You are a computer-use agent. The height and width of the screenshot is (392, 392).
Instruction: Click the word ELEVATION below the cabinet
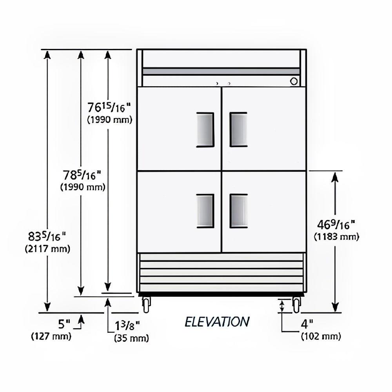tap(217, 322)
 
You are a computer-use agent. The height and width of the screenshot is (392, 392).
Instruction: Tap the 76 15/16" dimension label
tap(109, 107)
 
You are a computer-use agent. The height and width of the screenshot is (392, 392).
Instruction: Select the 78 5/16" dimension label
tap(82, 175)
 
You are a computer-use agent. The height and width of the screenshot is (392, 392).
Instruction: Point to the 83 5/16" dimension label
tap(47, 236)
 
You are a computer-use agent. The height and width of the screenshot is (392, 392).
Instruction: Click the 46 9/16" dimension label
tap(336, 225)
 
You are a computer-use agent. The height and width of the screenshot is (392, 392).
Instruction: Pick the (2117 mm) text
tap(47, 249)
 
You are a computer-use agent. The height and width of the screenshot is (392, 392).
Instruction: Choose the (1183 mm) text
tap(336, 236)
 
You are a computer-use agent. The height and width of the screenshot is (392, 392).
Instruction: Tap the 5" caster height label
tap(64, 324)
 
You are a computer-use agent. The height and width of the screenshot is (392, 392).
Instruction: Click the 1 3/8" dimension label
tap(127, 326)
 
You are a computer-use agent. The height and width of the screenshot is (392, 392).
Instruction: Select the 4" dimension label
tap(307, 324)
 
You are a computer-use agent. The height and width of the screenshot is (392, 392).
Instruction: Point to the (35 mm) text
tap(131, 338)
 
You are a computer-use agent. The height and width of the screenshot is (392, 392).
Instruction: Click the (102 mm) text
tap(321, 336)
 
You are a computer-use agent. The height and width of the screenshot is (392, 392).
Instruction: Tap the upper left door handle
tap(205, 129)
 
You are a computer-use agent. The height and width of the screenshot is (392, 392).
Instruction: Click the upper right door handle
tap(238, 129)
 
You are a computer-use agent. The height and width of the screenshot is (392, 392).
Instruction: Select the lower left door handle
tap(205, 211)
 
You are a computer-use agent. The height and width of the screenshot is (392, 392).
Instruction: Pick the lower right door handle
tap(238, 211)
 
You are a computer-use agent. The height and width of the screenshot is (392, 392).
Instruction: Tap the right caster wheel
tap(296, 305)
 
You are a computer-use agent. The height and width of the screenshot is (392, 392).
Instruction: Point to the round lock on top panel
tap(294, 81)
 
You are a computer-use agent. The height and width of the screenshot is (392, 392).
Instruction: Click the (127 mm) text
tap(51, 336)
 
